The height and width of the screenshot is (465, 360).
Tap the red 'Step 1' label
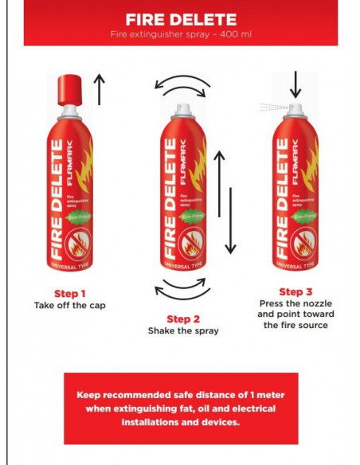point(70,292)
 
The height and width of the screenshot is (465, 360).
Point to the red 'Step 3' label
point(295,291)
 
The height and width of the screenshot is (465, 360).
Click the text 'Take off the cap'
point(70,305)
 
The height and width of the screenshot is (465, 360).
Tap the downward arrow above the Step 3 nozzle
point(295,84)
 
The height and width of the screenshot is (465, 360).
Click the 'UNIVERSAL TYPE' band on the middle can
point(182,263)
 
